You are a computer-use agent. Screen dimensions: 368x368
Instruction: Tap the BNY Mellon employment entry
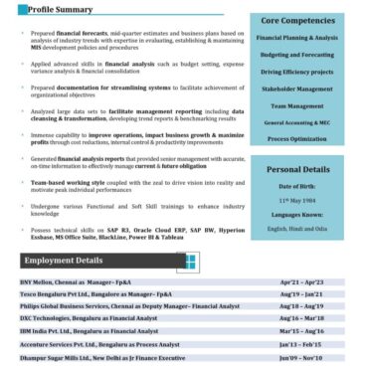coord(68,283)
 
